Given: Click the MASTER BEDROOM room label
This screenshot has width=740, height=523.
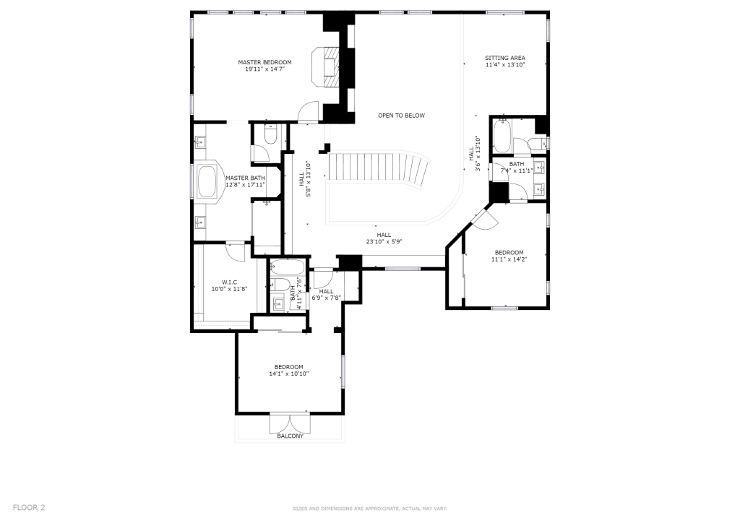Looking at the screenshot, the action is (264, 62).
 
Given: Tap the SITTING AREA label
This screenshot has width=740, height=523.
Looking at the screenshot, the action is (505, 58).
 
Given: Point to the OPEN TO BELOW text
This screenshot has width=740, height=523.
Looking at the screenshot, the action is (401, 116).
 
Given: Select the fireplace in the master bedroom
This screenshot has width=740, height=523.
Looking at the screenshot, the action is (326, 66).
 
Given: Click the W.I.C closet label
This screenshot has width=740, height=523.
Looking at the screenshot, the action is (229, 282).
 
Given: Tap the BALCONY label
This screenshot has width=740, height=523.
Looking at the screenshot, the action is (291, 436).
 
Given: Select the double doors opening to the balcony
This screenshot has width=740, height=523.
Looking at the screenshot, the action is (291, 423).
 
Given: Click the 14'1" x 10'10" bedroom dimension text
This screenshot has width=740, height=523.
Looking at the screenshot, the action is (289, 373).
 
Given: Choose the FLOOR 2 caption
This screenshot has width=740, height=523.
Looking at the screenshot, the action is (29, 507).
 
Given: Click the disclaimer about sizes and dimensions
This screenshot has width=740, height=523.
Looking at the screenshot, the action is (369, 509).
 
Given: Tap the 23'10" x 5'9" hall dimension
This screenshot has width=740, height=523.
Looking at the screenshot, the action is (384, 241).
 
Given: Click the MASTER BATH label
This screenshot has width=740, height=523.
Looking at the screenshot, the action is (245, 178).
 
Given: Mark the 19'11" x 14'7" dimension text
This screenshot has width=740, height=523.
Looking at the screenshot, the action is (264, 69).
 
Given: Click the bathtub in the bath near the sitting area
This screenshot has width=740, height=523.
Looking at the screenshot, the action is (502, 137).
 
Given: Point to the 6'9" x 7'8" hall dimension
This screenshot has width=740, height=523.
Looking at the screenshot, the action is (326, 298).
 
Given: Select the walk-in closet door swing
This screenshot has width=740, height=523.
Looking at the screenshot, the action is (236, 252).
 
